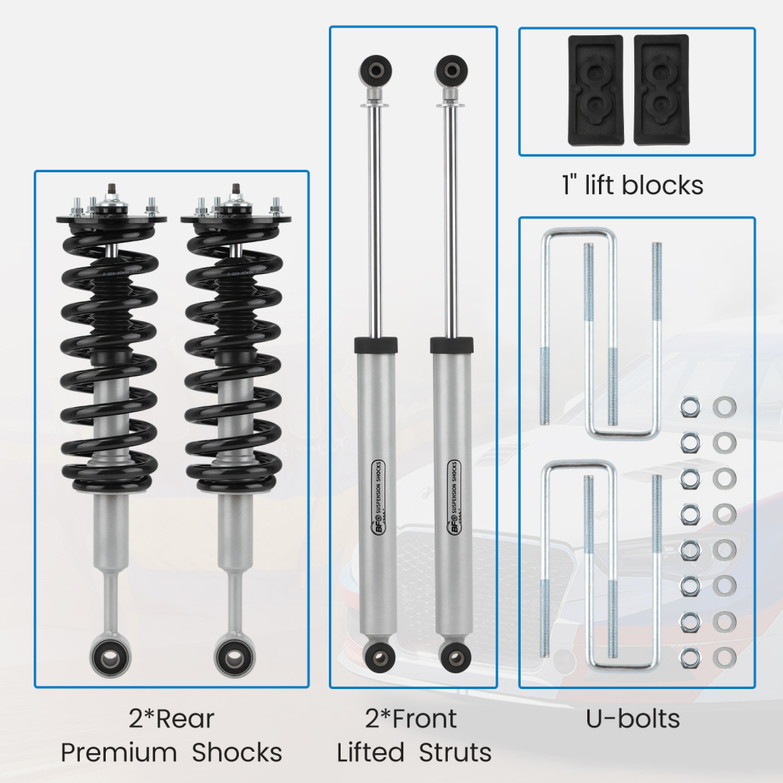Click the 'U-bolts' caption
tap(633, 718)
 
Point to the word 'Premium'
tap(119, 752)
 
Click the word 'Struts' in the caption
tap(455, 752)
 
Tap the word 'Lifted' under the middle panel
tap(370, 752)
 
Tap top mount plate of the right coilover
tap(232, 218)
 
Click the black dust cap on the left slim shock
tap(377, 345)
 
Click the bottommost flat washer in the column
tap(724, 653)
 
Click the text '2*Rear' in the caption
tap(171, 718)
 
